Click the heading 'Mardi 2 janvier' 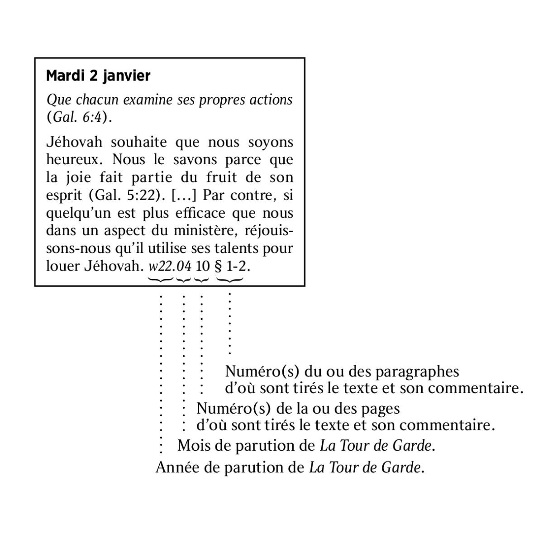point(98,76)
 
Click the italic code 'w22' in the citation point(161,266)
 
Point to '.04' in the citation point(183,266)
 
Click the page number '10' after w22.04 point(203,266)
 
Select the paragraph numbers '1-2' point(236,266)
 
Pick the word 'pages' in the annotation point(380,409)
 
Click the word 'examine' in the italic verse point(148,100)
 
